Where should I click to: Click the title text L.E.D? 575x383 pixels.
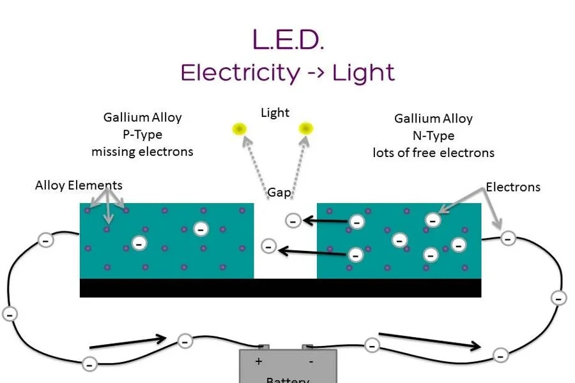[x=288, y=40]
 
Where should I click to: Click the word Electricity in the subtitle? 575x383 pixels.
[x=240, y=72]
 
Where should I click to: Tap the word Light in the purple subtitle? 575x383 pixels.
[x=362, y=72]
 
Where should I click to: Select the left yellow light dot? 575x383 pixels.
[x=239, y=129]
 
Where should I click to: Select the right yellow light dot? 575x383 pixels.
[x=307, y=128]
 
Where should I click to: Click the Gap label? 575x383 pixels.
[x=279, y=192]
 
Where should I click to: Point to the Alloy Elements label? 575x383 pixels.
[x=79, y=186]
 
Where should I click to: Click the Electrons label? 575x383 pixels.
[x=513, y=187]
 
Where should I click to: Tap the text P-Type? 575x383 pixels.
[x=142, y=135]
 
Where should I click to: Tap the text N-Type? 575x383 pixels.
[x=433, y=135]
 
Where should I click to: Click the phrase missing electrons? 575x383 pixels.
[x=142, y=152]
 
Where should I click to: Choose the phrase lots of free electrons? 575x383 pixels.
[x=433, y=153]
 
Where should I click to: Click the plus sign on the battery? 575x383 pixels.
[x=259, y=361]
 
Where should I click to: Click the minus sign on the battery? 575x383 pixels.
[x=310, y=361]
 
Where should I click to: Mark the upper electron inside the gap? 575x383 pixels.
[x=293, y=221]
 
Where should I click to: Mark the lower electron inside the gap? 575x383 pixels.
[x=269, y=246]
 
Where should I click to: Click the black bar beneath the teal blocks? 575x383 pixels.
[x=280, y=288]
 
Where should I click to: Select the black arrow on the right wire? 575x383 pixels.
[x=429, y=341]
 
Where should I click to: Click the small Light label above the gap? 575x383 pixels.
[x=275, y=113]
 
